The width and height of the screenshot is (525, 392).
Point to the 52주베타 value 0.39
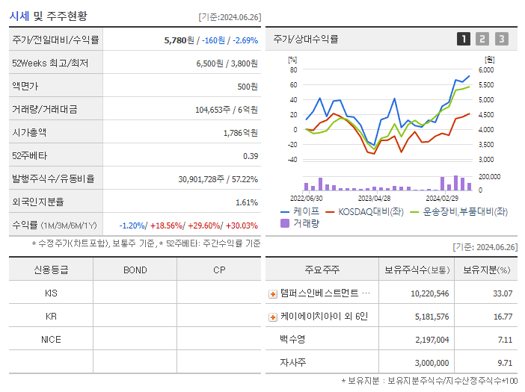click(x=250, y=156)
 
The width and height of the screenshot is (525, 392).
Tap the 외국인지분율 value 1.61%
click(x=246, y=202)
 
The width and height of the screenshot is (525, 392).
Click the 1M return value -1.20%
click(x=133, y=225)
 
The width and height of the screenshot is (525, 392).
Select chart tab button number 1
click(x=464, y=40)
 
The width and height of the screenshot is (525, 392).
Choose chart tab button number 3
click(x=501, y=40)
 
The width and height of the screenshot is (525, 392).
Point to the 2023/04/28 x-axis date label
click(x=375, y=199)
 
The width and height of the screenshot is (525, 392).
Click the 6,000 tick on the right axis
click(x=486, y=69)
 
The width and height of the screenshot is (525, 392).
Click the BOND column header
click(x=135, y=270)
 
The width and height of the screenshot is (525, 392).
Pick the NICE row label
click(x=51, y=339)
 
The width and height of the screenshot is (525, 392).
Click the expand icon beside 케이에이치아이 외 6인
click(x=273, y=317)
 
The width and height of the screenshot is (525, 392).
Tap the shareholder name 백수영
click(x=293, y=340)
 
